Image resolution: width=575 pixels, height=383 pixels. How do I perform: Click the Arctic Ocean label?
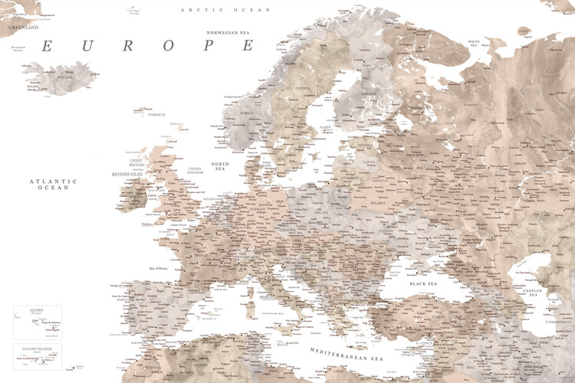click(215, 9)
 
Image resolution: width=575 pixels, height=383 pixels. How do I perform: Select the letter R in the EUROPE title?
click(128, 46)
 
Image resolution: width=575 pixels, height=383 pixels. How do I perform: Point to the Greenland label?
click(22, 27)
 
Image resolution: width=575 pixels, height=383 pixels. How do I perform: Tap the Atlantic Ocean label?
click(54, 184)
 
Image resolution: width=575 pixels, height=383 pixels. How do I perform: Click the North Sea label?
click(220, 168)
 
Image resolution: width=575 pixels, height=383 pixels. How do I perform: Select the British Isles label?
click(128, 174)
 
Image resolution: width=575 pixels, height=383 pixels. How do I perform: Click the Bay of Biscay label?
click(163, 268)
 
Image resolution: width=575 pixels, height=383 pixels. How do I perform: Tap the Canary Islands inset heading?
click(36, 346)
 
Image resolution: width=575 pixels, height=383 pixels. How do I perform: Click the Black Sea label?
click(423, 284)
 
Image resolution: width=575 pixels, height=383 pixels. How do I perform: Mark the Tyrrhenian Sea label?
click(269, 313)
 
